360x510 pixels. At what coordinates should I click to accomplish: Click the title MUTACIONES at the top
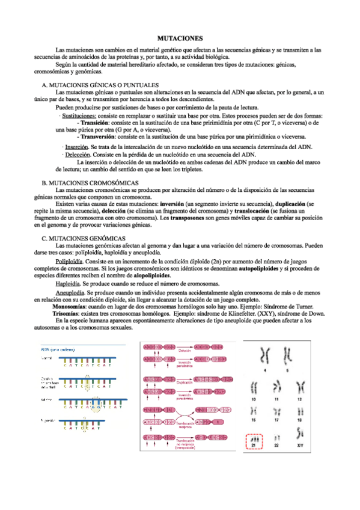coord(180,37)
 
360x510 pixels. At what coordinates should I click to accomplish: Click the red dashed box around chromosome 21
coord(255,443)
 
